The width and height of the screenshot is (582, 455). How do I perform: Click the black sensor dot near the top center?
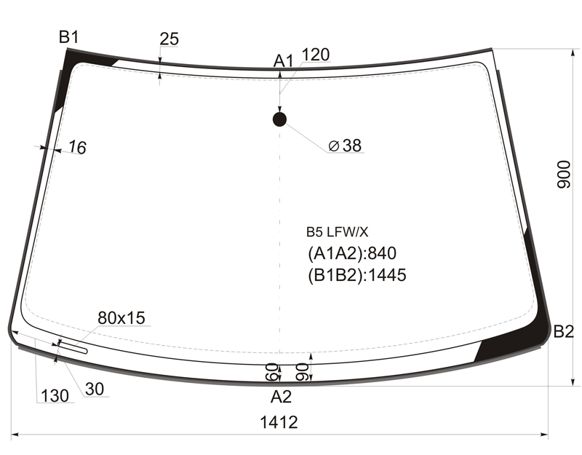point(279,119)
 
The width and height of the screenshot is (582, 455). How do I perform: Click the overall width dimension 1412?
point(279,422)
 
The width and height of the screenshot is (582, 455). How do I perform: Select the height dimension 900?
point(563,175)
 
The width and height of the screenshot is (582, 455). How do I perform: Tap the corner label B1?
point(68,37)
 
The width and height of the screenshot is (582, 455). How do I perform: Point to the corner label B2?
point(563,331)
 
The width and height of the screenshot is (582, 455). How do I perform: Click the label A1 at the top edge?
point(283,61)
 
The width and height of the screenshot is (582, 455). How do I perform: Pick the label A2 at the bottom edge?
point(281,397)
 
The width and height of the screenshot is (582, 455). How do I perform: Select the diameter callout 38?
point(345,146)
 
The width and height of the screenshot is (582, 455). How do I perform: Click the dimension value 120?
point(316,55)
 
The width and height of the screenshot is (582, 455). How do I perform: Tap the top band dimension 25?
point(170,39)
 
